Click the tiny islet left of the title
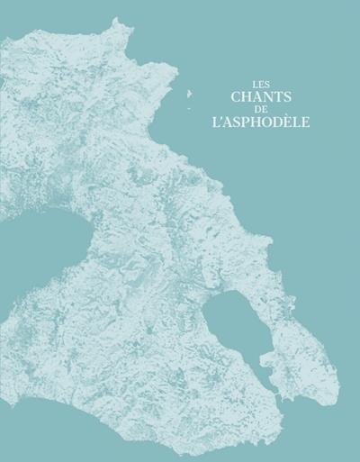[191, 94]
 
